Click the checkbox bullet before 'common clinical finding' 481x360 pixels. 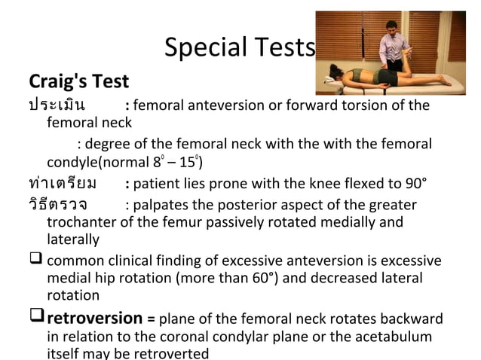tap(35, 261)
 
